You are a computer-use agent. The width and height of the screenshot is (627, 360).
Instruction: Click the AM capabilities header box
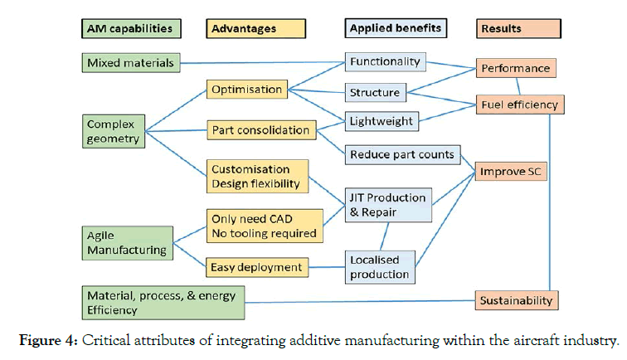131,28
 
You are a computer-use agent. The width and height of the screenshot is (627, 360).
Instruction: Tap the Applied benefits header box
396,28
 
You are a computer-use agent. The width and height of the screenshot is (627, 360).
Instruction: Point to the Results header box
518,28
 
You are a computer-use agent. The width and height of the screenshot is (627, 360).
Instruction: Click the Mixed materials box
131,62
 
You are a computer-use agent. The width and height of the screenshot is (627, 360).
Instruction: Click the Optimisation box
245,90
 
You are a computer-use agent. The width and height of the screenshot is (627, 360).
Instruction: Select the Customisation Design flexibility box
256,177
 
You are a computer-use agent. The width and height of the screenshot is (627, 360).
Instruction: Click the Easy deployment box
256,267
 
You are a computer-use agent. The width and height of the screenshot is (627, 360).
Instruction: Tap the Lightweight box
381,121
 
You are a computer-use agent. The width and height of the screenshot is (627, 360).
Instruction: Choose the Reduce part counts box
402,154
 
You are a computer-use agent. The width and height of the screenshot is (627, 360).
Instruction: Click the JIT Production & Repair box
388,204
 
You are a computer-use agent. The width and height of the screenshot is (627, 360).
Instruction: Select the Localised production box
378,267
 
